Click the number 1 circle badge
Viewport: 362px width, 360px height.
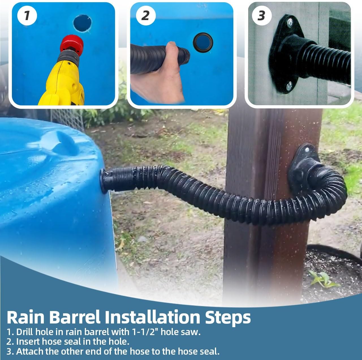(x=27, y=15)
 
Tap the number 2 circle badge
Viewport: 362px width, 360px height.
(x=145, y=15)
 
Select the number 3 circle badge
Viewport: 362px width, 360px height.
(x=261, y=16)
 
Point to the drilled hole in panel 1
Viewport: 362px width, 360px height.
(x=83, y=23)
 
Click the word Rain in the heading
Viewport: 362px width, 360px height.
(x=25, y=317)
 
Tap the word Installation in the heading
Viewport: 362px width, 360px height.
(x=151, y=317)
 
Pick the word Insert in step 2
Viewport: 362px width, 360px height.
(x=28, y=341)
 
